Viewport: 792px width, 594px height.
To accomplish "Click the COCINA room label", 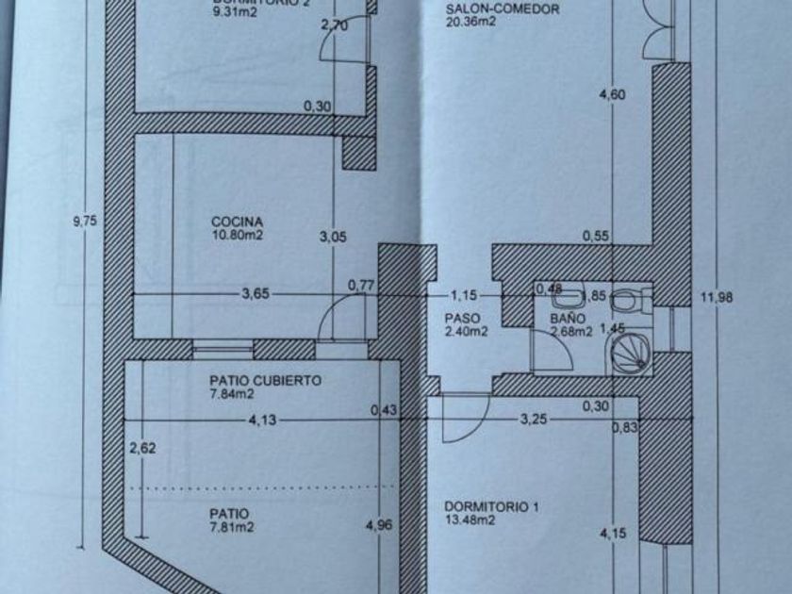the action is (x=230, y=223).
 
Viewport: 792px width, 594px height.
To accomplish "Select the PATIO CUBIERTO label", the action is (x=265, y=381).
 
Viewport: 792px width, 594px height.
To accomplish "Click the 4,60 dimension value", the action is (x=614, y=94).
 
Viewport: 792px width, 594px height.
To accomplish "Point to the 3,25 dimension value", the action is (x=534, y=421).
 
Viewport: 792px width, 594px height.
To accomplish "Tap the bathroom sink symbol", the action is (x=566, y=300).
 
